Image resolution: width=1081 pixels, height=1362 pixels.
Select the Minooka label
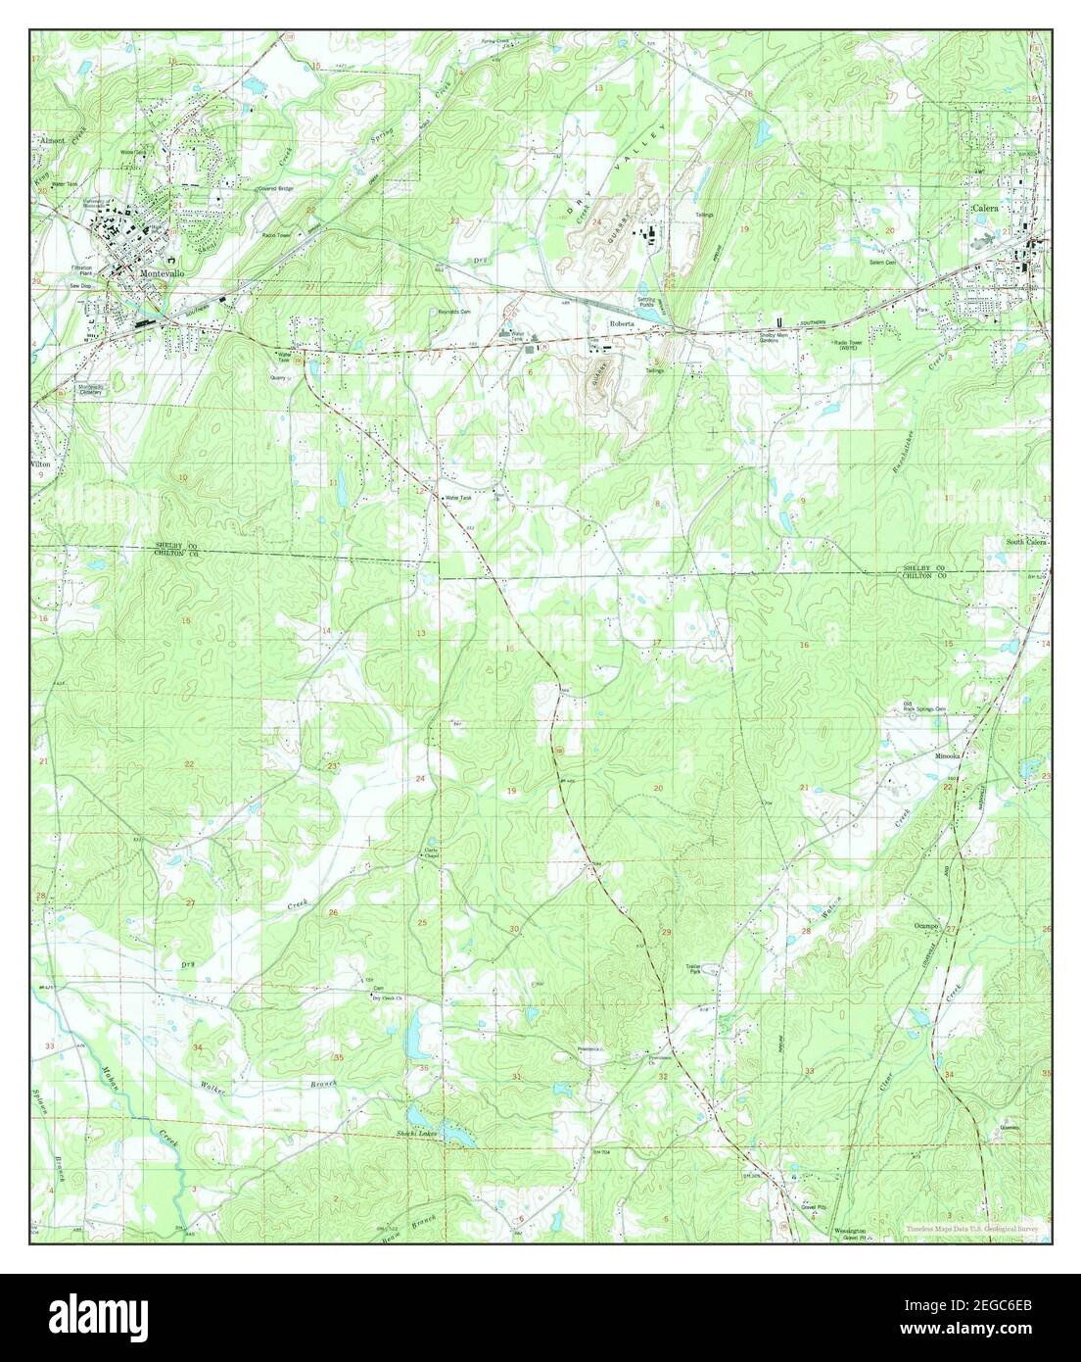[948, 756]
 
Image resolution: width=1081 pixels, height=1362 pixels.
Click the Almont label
[52, 140]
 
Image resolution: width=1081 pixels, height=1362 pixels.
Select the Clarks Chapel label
[429, 852]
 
